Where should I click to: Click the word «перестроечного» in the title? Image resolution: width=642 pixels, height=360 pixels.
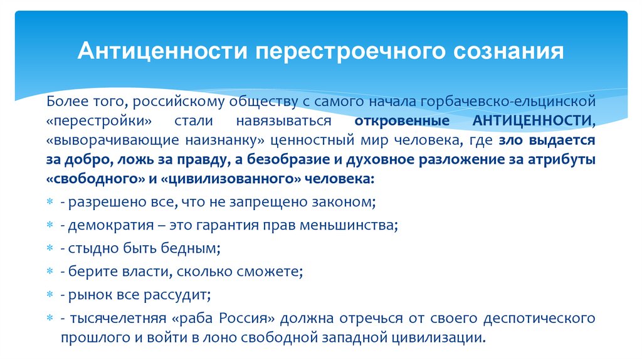pos(332,51)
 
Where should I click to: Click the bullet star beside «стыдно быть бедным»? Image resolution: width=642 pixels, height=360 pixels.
pos(51,248)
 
